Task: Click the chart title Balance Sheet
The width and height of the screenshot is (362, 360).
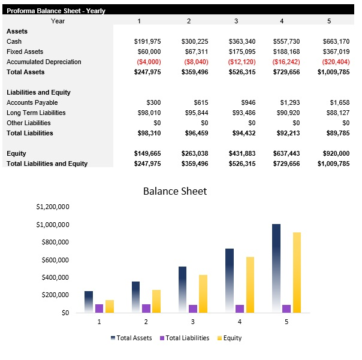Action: pyautogui.click(x=174, y=191)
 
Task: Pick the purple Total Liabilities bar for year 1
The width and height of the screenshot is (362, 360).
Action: pyautogui.click(x=99, y=308)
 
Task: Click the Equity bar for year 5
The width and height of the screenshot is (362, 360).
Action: pyautogui.click(x=297, y=273)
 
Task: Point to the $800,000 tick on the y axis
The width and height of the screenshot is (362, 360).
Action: pyautogui.click(x=53, y=242)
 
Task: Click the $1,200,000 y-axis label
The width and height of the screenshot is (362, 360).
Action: pyautogui.click(x=53, y=207)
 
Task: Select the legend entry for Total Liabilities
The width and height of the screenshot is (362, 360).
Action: pyautogui.click(x=185, y=338)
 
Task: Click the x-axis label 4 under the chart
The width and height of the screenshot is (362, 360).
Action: pyautogui.click(x=239, y=322)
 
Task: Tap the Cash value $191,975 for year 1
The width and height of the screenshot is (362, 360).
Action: pyautogui.click(x=147, y=41)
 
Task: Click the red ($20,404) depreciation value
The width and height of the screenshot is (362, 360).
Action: pyautogui.click(x=335, y=62)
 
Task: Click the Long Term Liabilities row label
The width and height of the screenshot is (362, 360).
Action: pyautogui.click(x=36, y=113)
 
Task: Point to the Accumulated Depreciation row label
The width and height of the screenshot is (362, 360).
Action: pyautogui.click(x=44, y=62)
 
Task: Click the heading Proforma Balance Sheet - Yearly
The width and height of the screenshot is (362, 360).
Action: pyautogui.click(x=56, y=10)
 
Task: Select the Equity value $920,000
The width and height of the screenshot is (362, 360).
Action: pyautogui.click(x=334, y=153)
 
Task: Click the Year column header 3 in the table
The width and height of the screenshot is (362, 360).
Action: pyautogui.click(x=236, y=21)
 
